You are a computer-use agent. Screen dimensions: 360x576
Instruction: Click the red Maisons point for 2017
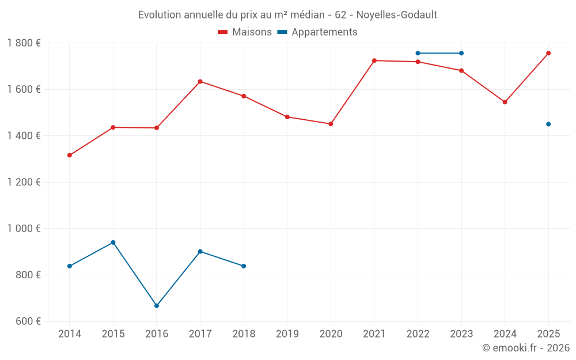tap(200, 81)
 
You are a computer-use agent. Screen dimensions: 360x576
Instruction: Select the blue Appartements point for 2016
tap(157, 306)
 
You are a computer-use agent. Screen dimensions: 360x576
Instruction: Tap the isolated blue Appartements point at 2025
tap(548, 124)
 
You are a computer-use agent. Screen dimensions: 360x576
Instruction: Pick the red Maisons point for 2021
tap(374, 60)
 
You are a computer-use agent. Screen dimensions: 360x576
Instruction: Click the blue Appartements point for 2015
tap(113, 242)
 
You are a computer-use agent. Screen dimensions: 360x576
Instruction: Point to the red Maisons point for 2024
tap(505, 102)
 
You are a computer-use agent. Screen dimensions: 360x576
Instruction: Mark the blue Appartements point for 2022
tap(418, 53)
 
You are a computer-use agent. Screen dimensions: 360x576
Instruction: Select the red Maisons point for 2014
tap(70, 155)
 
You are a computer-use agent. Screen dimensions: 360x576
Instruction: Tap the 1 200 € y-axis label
tap(24, 182)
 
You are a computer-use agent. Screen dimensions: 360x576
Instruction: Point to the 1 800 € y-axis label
tap(24, 43)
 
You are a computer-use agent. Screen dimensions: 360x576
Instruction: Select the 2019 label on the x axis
tap(287, 334)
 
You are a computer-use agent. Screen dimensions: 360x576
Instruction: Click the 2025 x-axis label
tap(548, 334)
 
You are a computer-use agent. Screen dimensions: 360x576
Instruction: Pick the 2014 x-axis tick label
tap(70, 334)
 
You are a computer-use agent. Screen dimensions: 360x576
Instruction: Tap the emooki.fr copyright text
tap(525, 348)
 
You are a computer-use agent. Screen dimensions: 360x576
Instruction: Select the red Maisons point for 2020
tap(331, 124)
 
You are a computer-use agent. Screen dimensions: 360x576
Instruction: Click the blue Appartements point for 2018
tap(244, 266)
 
